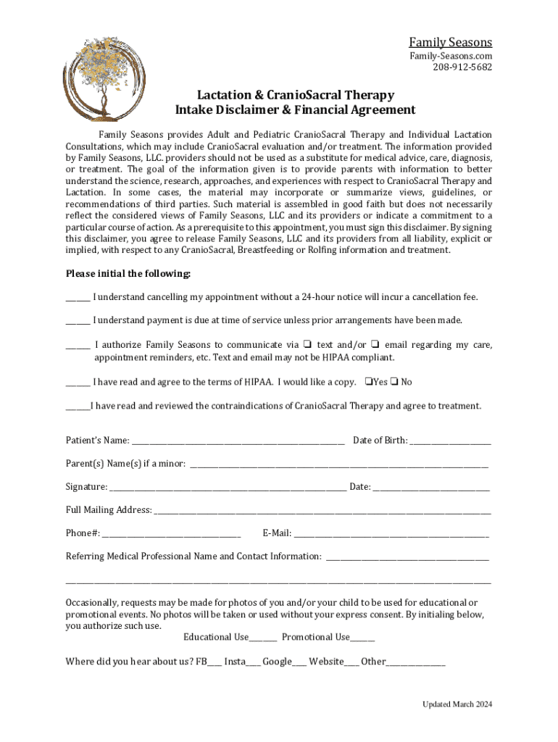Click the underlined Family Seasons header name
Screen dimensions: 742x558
pyautogui.click(x=450, y=42)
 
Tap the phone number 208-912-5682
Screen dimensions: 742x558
pyautogui.click(x=462, y=67)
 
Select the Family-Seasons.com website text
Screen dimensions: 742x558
pyautogui.click(x=451, y=56)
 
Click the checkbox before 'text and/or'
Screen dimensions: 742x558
pyautogui.click(x=307, y=345)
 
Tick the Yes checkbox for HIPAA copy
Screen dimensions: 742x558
pyautogui.click(x=369, y=382)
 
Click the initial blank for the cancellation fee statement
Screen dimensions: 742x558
pyautogui.click(x=78, y=298)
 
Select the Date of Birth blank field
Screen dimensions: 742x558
pyautogui.click(x=450, y=441)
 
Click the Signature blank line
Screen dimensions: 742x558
pyautogui.click(x=228, y=488)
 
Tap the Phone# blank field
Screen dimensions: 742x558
pyautogui.click(x=171, y=534)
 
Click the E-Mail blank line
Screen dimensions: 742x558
pyautogui.click(x=391, y=534)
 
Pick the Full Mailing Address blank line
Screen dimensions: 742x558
pyautogui.click(x=322, y=511)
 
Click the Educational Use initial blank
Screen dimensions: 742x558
pyautogui.click(x=263, y=638)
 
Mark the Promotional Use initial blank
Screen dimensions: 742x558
pyautogui.click(x=362, y=638)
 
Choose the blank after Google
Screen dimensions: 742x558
pyautogui.click(x=299, y=662)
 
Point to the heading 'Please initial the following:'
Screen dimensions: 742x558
pyautogui.click(x=128, y=274)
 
